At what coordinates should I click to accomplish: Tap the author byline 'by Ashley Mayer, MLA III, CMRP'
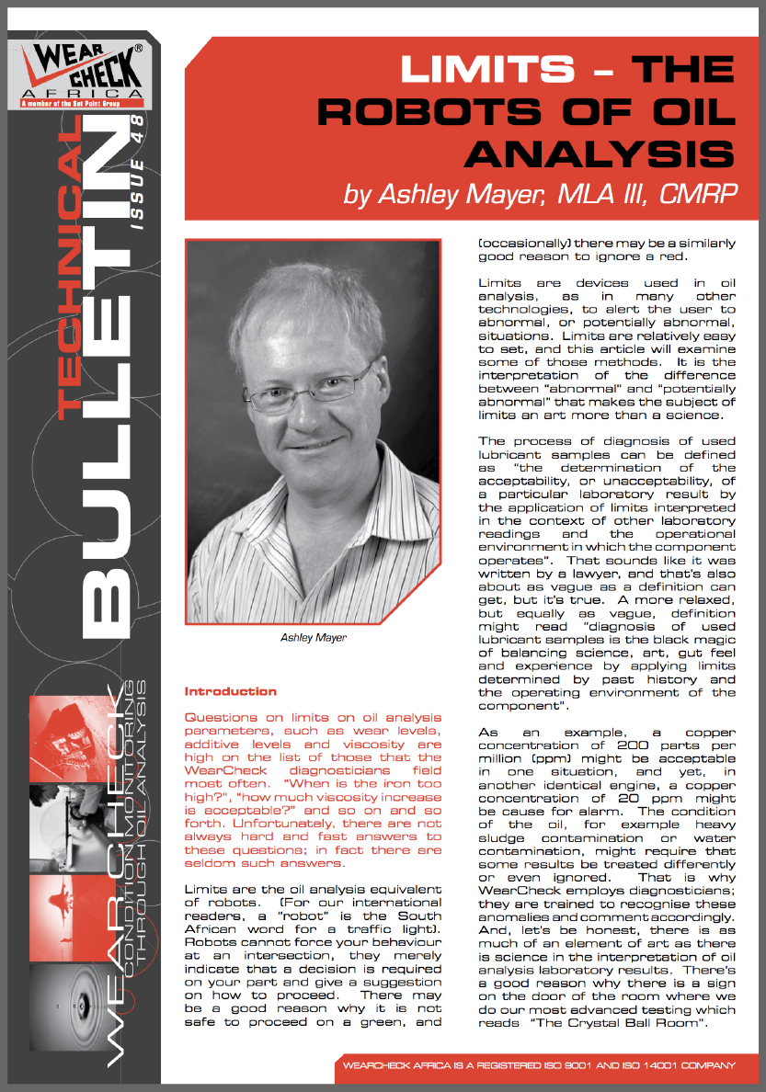point(541,194)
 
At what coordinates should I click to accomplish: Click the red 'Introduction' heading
point(230,690)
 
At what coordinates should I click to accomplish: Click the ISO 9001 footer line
point(538,1065)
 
